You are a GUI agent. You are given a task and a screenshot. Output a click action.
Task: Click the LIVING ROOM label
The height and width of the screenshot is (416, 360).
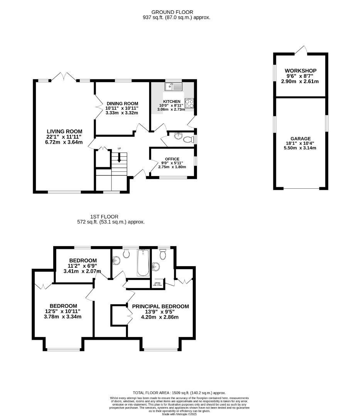pos(64,131)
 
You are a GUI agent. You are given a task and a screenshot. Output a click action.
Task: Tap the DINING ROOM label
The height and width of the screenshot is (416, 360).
pos(122,104)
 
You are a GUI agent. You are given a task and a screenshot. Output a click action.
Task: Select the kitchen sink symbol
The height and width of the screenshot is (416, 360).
pos(173,87)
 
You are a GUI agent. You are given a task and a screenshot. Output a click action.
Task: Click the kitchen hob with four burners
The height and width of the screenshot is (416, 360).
pos(189,103)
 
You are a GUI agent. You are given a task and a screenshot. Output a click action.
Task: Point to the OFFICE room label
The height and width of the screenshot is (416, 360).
pos(172,159)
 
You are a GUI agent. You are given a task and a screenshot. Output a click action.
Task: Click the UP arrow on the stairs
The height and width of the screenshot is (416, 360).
pos(119,157)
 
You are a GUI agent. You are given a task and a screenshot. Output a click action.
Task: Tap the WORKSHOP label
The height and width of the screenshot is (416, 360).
pos(301,71)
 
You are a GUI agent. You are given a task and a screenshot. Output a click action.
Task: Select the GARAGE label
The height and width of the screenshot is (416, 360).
pos(301,139)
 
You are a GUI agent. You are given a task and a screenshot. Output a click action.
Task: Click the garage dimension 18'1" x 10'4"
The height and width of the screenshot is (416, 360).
pos(301,143)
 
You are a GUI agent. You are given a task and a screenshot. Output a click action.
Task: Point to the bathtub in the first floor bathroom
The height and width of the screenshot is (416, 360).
pos(143,263)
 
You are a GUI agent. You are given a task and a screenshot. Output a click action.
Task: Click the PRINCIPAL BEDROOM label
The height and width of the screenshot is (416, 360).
pos(160,307)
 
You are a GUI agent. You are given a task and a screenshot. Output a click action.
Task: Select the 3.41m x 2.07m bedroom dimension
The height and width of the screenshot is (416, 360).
pos(82,271)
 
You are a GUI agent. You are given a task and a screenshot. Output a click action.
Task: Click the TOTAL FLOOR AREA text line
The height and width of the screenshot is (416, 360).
pos(179,393)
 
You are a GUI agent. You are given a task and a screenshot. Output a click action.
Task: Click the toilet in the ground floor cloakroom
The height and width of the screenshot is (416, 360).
pos(189,139)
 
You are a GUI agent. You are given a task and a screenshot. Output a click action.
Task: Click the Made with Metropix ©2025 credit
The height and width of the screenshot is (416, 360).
pos(180,414)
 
